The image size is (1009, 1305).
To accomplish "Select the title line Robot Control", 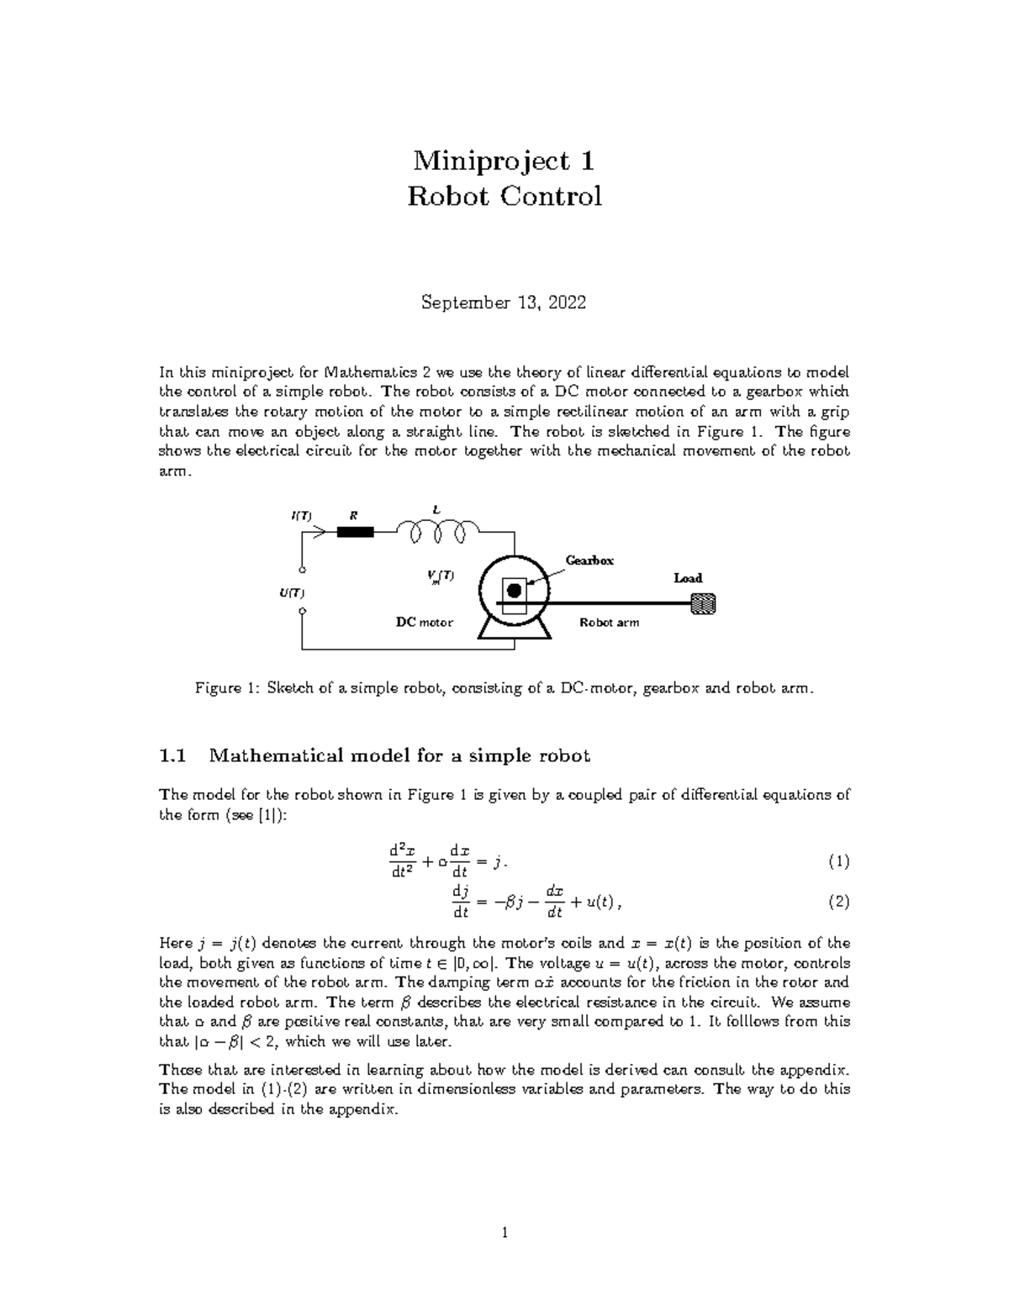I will tap(504, 197).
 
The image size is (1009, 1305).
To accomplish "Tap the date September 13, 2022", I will tap(504, 303).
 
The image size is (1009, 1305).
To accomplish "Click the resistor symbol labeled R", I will tap(354, 531).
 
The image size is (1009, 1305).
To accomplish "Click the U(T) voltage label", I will tap(292, 593).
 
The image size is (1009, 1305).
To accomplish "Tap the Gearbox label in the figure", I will tap(589, 560).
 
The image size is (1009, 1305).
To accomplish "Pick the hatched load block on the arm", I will tap(702, 603).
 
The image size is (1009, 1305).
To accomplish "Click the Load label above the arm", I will tap(688, 578).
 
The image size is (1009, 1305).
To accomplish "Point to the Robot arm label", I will tap(610, 623).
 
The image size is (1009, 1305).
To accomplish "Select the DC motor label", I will tap(425, 623).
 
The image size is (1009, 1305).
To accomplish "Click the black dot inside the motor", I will tap(514, 591).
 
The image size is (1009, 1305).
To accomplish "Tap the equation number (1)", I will tap(838, 861).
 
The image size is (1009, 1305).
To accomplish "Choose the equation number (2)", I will tap(838, 902).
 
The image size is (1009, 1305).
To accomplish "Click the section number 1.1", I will tap(172, 755).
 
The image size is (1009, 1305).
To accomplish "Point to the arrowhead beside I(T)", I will tap(320, 531).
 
